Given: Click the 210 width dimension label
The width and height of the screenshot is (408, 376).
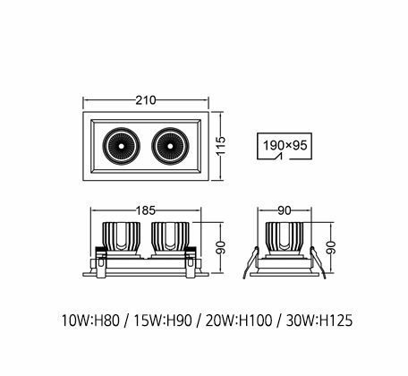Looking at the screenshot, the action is click(x=146, y=100).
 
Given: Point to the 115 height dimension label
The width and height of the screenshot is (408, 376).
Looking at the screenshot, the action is click(x=221, y=146).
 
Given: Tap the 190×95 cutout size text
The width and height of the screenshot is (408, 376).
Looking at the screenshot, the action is click(x=285, y=145).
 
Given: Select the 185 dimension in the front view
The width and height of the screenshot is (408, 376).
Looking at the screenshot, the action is click(x=146, y=210).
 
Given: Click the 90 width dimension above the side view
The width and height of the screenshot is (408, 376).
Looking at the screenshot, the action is click(x=285, y=210).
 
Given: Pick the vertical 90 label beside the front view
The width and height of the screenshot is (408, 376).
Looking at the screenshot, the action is click(x=221, y=248).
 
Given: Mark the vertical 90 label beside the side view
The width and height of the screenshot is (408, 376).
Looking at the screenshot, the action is click(x=331, y=248).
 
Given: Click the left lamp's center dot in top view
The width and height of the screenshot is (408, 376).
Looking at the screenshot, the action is click(x=122, y=146).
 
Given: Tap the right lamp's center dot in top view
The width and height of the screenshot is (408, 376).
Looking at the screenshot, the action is click(x=170, y=146).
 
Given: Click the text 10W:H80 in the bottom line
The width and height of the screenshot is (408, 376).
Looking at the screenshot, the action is click(x=90, y=320).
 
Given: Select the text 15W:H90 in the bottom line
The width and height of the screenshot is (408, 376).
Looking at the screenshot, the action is click(x=163, y=320).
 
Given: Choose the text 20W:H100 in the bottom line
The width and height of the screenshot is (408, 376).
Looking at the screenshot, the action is click(x=239, y=320).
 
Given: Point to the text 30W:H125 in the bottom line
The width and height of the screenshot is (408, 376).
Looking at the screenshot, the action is click(x=319, y=320).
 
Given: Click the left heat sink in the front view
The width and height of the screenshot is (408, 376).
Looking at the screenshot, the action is click(x=122, y=237).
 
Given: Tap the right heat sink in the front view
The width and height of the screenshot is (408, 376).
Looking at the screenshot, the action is click(x=170, y=237).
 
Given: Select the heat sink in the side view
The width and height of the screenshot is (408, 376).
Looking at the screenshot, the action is click(x=285, y=237).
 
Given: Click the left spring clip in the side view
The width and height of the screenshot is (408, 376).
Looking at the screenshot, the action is click(x=250, y=262).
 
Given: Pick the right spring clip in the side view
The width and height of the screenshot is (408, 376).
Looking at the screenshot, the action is click(x=318, y=262).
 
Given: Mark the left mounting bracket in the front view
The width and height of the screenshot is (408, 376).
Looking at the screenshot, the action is click(x=100, y=262).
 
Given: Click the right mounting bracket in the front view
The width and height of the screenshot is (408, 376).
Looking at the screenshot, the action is click(x=191, y=262).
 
